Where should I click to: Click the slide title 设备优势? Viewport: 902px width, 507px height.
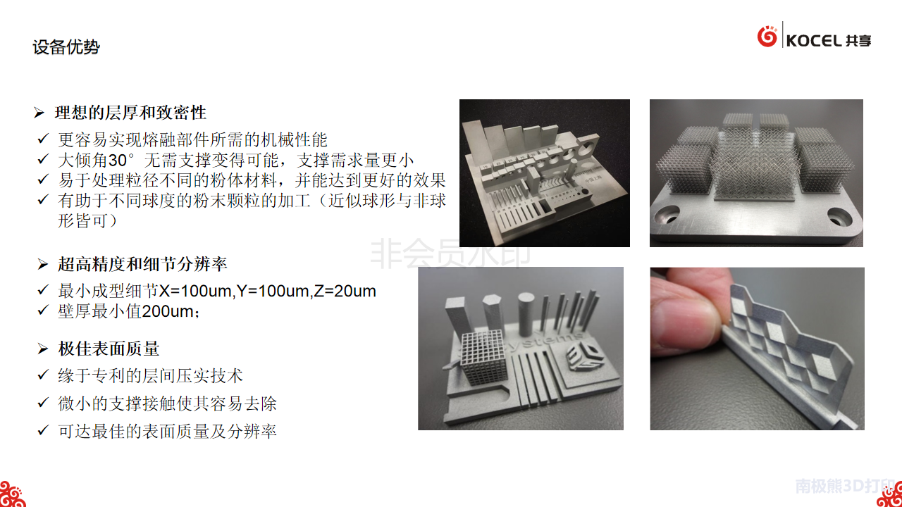[66, 47]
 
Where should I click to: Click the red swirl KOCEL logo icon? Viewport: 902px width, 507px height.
[767, 36]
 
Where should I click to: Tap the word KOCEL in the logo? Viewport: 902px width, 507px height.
[814, 41]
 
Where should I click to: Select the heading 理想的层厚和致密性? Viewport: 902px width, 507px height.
[130, 113]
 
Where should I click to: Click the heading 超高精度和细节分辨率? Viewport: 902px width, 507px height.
[142, 264]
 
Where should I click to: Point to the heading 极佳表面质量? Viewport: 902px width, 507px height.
[109, 349]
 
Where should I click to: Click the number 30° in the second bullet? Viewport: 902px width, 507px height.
[121, 160]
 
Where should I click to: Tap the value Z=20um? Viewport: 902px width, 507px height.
[345, 291]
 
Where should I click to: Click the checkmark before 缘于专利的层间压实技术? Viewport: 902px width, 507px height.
[43, 375]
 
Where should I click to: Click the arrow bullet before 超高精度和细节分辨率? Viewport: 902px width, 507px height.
[43, 264]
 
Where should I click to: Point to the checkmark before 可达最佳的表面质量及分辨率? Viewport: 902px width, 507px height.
[43, 430]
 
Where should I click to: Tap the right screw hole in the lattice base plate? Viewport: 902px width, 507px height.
[839, 218]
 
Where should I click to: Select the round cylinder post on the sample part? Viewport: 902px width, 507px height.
[525, 314]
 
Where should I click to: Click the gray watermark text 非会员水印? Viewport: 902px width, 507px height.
[450, 254]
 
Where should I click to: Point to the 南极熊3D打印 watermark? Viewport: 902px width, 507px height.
[844, 486]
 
